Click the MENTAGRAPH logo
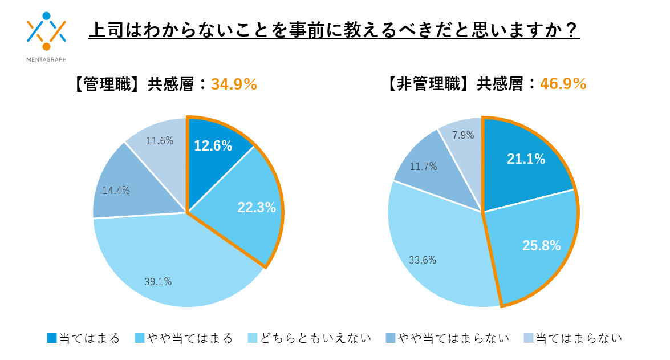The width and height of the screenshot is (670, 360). point(46,35)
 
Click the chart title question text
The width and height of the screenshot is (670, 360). point(334,30)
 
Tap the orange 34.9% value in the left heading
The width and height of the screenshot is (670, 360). point(234,84)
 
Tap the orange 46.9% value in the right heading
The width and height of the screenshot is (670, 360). point(563,84)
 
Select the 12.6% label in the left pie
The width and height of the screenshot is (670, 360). point(213,146)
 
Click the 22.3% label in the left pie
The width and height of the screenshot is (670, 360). point(257,208)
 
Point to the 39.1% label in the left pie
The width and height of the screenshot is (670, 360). point(158,281)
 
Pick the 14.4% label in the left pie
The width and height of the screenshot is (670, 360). point(116,191)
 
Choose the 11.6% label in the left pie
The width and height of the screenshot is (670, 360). point(160,140)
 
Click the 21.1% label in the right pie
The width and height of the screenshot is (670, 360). point(526,159)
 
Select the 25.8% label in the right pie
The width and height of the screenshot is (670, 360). point(541,246)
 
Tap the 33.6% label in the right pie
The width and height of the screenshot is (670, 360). point(423,260)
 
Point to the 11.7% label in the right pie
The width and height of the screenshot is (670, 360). point(423,167)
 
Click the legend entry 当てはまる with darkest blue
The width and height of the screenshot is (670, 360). point(83,338)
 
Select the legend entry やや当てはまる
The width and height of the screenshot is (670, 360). point(184,338)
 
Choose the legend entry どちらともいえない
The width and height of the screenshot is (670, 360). point(310,338)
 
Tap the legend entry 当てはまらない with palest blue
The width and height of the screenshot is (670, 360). point(572,338)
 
